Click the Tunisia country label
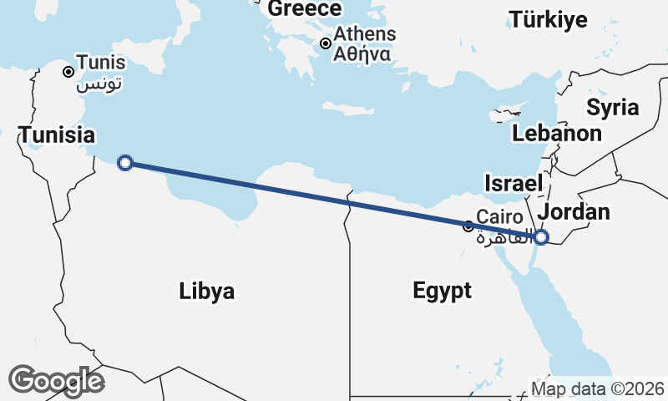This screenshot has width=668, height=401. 57,135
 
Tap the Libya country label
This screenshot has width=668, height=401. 206,291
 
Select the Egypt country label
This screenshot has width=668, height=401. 442,291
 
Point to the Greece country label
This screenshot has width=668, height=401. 305,9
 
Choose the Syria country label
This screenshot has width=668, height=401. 612,107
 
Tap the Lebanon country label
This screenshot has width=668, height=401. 557,133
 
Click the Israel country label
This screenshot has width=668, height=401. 514,183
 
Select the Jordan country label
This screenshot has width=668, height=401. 574,211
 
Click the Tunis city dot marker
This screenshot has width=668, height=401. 68,72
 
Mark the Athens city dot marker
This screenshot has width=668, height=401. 326,43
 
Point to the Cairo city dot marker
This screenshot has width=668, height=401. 468,226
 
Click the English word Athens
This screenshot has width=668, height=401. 364,35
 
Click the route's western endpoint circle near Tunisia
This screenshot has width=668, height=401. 125,163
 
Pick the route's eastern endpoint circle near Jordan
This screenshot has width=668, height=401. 541,237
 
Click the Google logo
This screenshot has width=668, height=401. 56,381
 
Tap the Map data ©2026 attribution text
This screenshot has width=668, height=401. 598,389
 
